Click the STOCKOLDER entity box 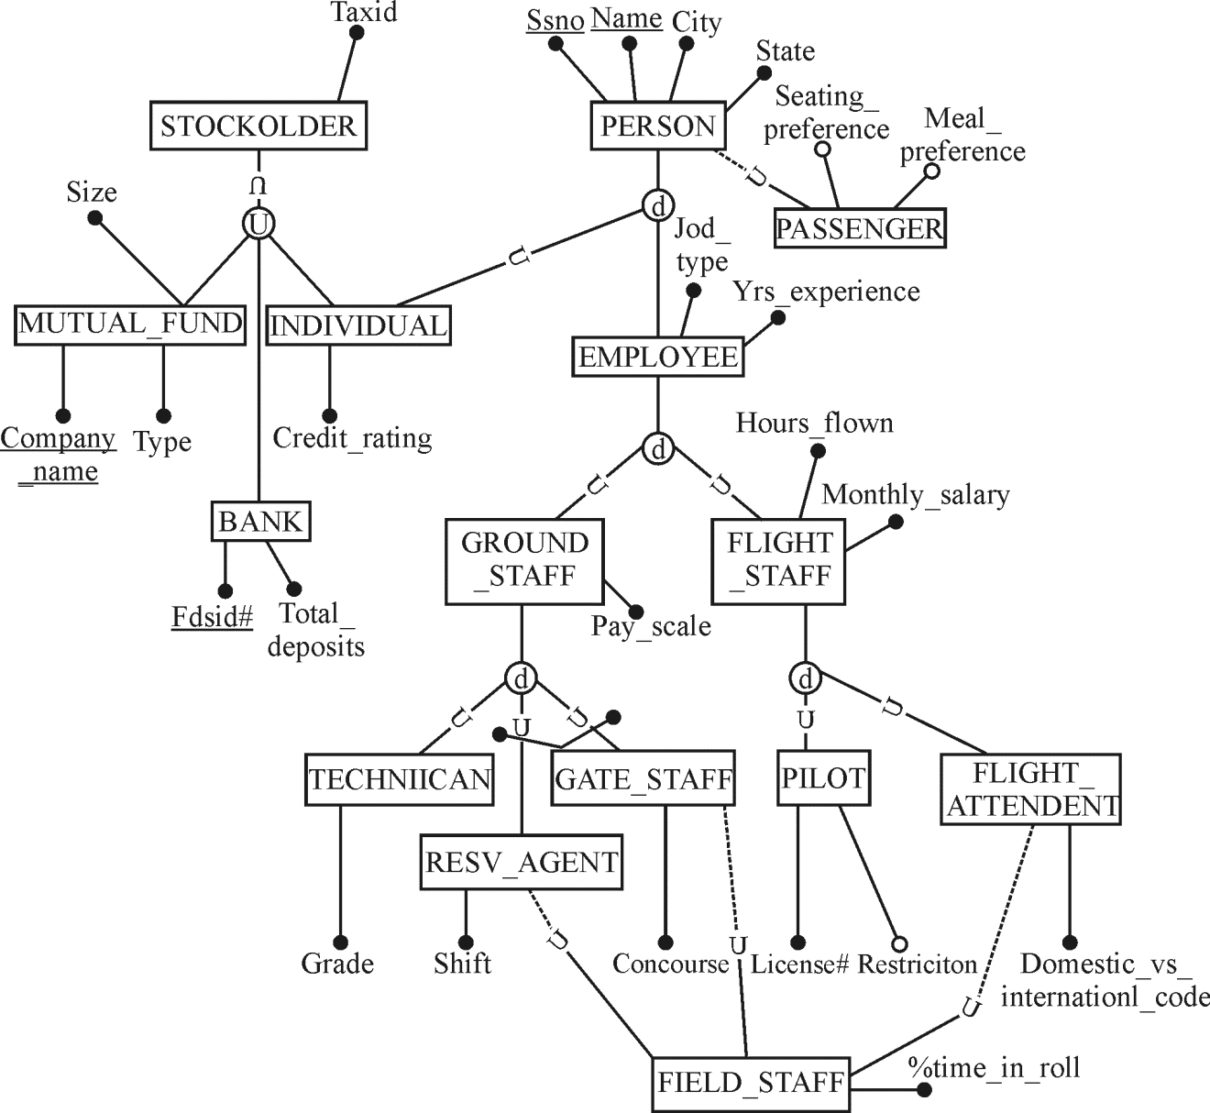(x=258, y=126)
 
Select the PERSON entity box (x=657, y=126)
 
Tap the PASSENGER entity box (x=859, y=228)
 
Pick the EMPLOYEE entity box (x=657, y=357)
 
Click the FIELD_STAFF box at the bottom (x=751, y=1083)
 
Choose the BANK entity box (x=260, y=522)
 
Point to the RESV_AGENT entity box (x=521, y=862)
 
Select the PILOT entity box (x=823, y=779)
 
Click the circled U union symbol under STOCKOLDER (x=258, y=223)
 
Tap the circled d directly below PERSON (x=657, y=208)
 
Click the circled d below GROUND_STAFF (x=521, y=679)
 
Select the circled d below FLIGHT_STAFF (x=805, y=679)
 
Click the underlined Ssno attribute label (x=555, y=20)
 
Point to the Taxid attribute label (x=364, y=12)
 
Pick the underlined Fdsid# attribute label (x=212, y=617)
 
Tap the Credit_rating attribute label (x=352, y=438)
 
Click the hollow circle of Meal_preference (x=931, y=171)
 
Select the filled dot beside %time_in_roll (x=924, y=1090)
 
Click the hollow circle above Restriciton (x=899, y=943)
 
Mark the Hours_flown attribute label (x=814, y=423)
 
